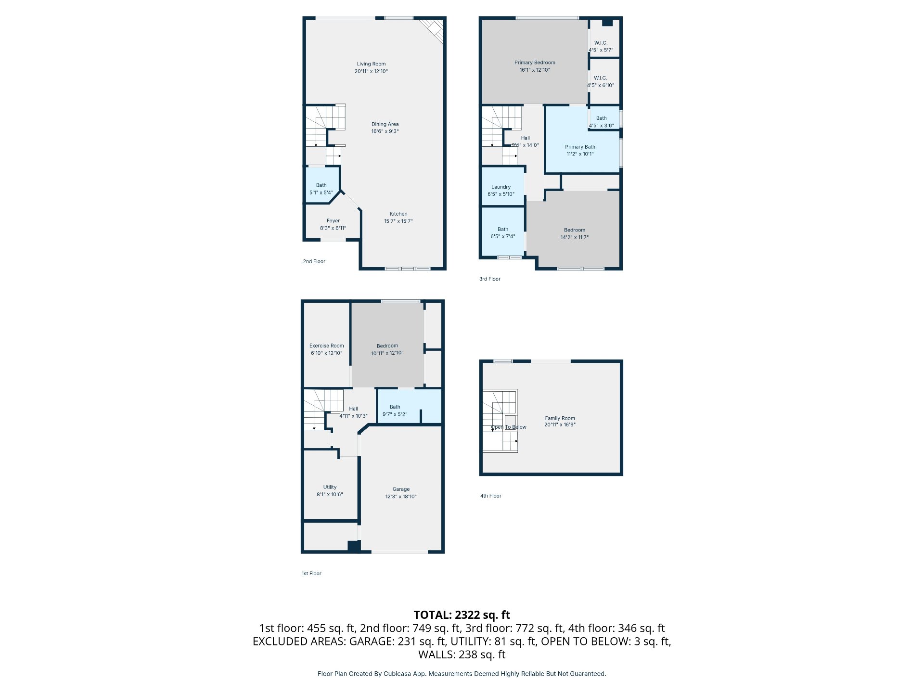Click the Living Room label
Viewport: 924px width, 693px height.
371,64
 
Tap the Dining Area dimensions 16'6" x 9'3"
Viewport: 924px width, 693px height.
385,131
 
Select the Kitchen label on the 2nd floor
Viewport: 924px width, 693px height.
398,214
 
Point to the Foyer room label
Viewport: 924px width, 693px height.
333,221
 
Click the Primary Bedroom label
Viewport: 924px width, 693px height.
535,63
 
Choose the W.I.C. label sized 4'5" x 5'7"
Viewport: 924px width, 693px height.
601,43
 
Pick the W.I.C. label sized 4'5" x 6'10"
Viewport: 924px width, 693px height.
601,78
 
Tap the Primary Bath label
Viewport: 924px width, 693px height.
580,147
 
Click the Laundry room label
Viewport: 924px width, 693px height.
501,187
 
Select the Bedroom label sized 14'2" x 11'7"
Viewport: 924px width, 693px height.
575,230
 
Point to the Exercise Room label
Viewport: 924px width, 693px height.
327,346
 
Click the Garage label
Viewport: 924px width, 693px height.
401,489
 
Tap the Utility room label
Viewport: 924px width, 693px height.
330,487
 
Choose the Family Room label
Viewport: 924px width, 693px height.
560,419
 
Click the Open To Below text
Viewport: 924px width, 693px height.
509,427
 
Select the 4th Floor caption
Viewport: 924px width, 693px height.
491,496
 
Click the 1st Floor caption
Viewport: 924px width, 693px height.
311,573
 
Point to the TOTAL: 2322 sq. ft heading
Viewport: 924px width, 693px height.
462,615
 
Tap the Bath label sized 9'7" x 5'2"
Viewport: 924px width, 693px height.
395,407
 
